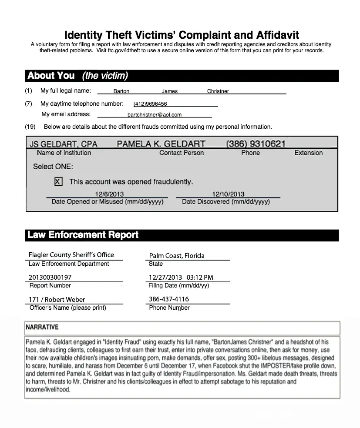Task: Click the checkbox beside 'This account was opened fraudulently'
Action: click(x=58, y=181)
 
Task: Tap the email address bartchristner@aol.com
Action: click(x=155, y=115)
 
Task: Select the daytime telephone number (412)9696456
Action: click(x=150, y=104)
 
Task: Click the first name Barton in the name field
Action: click(x=121, y=91)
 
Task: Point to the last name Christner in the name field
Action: click(x=218, y=91)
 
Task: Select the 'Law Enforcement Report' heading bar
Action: click(x=83, y=235)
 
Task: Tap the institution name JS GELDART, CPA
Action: click(x=64, y=144)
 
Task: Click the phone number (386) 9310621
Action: click(x=256, y=144)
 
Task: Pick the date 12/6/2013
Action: click(x=109, y=194)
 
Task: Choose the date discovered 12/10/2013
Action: click(x=228, y=194)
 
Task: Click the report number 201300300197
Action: click(x=50, y=277)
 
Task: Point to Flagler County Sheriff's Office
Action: click(x=71, y=255)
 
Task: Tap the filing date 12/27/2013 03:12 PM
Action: click(x=181, y=277)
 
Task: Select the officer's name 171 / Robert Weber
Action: click(x=57, y=299)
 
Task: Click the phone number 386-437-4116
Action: click(x=169, y=299)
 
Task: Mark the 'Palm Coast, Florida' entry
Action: click(x=177, y=255)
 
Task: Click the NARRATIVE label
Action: click(x=42, y=327)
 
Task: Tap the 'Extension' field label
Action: click(x=309, y=153)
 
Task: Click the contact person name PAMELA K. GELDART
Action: click(x=161, y=144)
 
